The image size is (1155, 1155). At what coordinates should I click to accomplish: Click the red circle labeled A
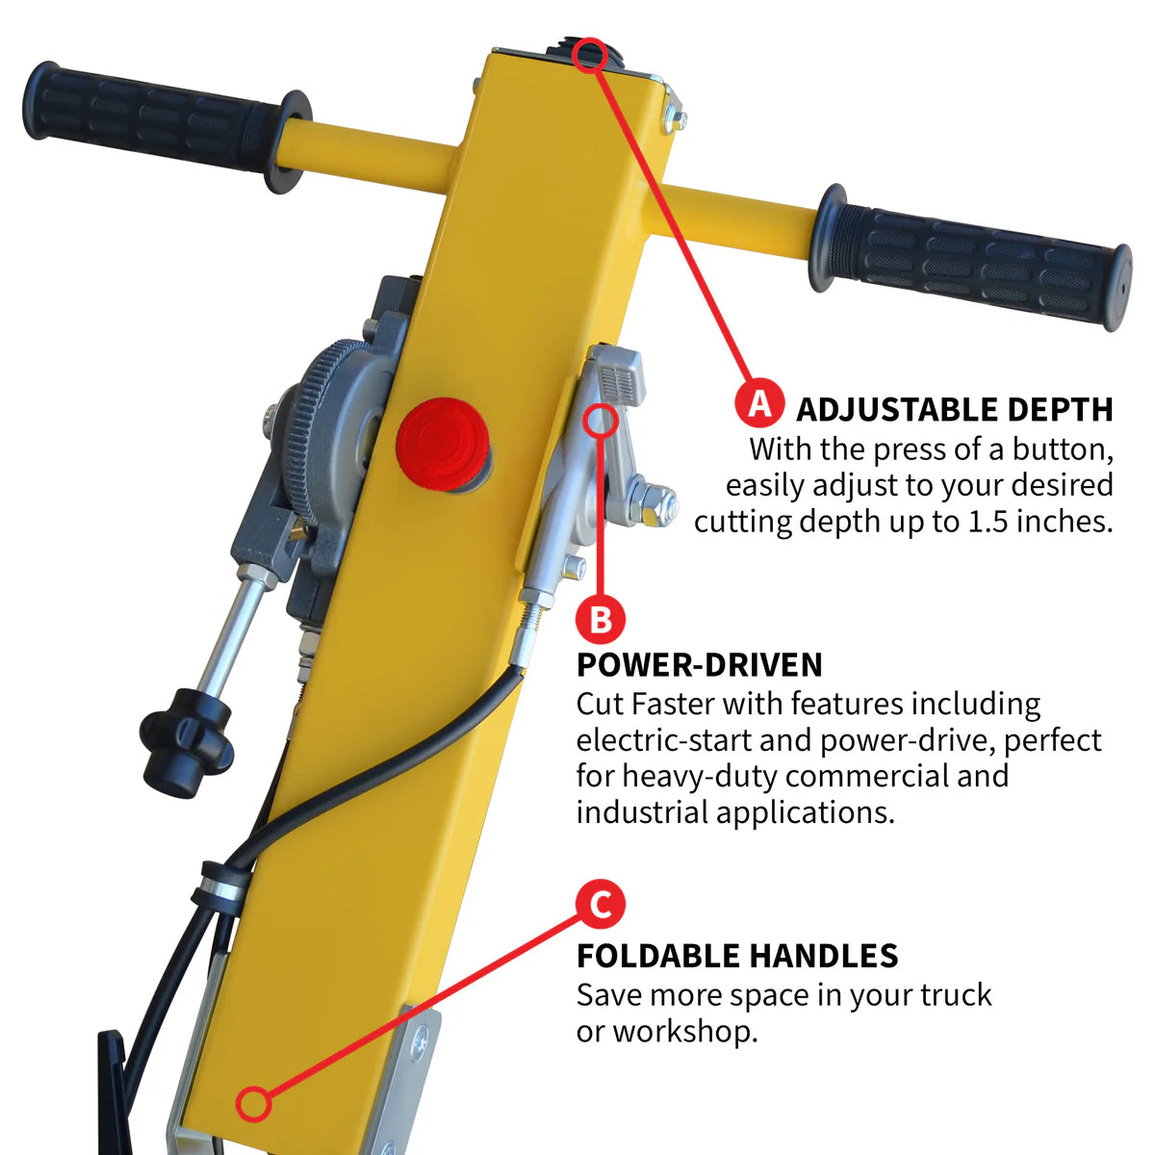click(760, 403)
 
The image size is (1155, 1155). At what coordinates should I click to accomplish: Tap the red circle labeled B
click(601, 619)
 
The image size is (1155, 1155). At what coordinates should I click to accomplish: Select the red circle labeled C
click(601, 905)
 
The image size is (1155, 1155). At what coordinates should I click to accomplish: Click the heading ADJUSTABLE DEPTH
click(954, 409)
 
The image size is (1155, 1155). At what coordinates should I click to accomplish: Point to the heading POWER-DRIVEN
click(699, 665)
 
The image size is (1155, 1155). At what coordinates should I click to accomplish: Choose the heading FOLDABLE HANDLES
click(736, 956)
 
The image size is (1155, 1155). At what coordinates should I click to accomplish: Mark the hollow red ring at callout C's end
click(253, 1103)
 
